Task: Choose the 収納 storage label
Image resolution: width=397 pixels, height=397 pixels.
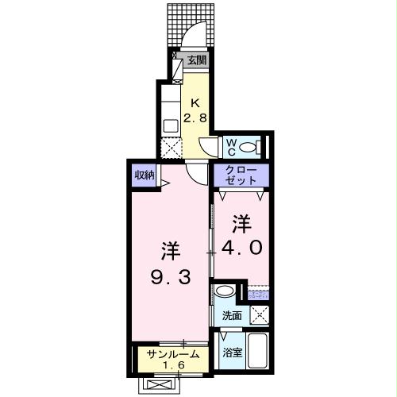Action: [143, 175]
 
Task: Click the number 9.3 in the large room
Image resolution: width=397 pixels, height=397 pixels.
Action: [170, 278]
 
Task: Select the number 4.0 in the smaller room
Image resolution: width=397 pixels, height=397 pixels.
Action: [241, 247]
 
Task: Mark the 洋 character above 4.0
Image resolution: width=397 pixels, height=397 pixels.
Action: [241, 222]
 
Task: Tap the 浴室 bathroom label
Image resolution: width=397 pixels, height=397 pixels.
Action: [231, 352]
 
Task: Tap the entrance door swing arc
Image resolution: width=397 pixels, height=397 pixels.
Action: [192, 37]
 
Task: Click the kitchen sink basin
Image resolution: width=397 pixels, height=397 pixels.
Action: [171, 125]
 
